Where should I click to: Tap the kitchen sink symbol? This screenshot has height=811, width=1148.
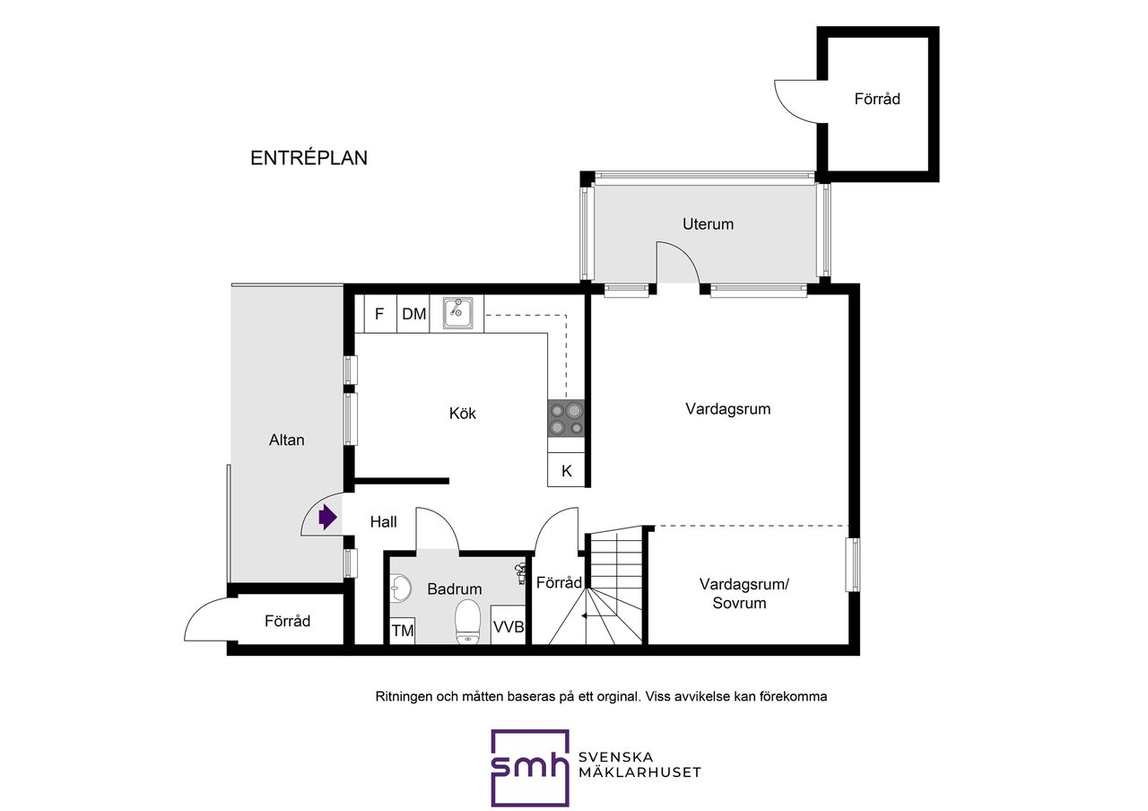[457, 313]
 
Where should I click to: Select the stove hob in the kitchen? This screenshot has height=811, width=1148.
[566, 418]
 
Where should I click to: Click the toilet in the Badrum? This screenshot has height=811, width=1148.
[467, 622]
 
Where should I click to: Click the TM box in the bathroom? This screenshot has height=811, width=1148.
[403, 630]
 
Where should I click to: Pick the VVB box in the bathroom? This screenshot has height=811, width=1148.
[509, 625]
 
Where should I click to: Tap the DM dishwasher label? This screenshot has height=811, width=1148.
[413, 314]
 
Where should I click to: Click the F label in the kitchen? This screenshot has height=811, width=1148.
[379, 314]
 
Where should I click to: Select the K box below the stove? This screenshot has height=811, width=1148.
[566, 470]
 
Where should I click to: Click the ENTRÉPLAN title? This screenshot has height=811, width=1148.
[309, 158]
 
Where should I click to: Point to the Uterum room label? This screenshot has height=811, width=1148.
[708, 224]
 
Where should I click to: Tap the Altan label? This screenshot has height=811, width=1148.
[286, 440]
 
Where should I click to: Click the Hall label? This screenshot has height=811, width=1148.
[383, 522]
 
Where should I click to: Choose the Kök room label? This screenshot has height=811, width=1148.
[462, 414]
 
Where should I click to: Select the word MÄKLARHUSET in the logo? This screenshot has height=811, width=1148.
[639, 772]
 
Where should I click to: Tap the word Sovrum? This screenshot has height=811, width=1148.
[739, 603]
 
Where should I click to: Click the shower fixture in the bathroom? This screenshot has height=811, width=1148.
[520, 573]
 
